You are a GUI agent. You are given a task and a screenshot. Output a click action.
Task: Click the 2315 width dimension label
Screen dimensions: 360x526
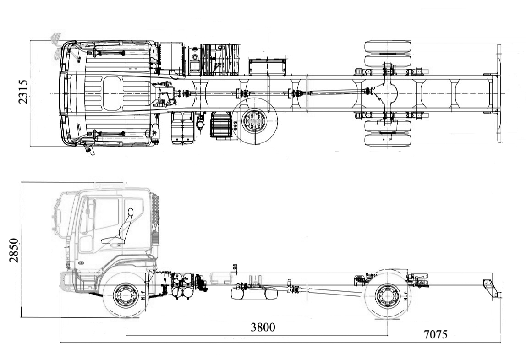[x=23, y=92]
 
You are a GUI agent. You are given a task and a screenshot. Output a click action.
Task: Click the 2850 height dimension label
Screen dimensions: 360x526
[x=14, y=250]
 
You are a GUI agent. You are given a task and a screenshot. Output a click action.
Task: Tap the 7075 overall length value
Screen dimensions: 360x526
[x=435, y=335]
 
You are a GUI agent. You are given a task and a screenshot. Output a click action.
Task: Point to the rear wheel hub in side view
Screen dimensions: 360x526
[x=388, y=296]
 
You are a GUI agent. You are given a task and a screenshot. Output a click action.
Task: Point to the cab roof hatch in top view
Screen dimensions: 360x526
[x=112, y=93]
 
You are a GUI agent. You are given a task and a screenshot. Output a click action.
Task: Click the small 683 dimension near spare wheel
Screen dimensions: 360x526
[x=235, y=126]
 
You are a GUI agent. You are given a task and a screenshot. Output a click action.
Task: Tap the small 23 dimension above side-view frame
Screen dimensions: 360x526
[x=235, y=267]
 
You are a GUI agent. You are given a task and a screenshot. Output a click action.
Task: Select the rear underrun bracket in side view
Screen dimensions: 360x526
[x=490, y=288]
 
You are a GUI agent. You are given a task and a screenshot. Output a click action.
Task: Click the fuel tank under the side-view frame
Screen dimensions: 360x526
[x=254, y=293]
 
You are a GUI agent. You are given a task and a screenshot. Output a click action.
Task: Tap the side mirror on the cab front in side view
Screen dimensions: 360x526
[x=56, y=215]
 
